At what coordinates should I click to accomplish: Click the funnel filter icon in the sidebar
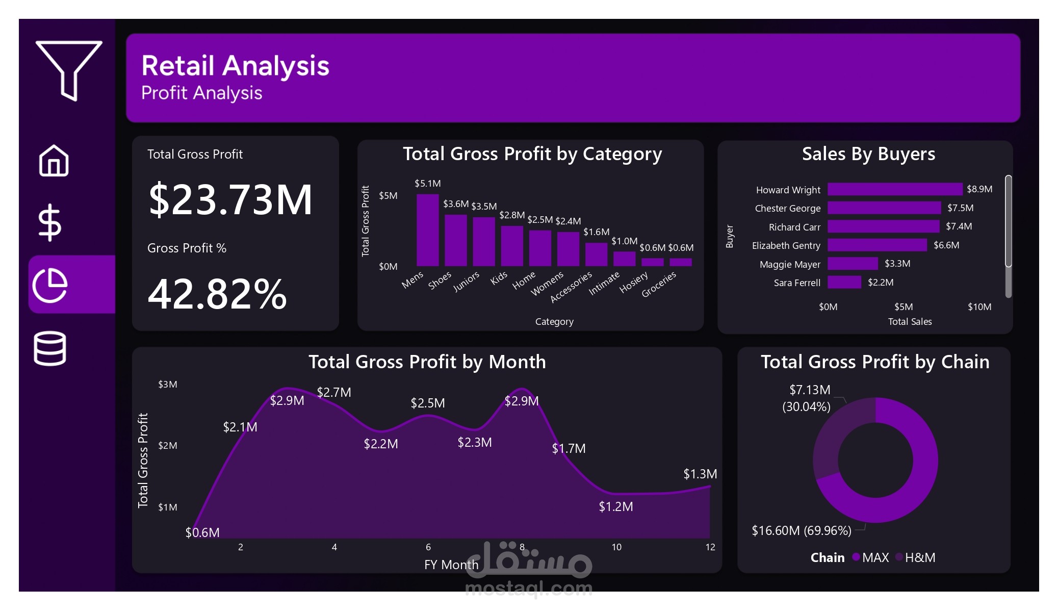click(x=68, y=69)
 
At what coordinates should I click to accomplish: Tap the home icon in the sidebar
click(x=54, y=161)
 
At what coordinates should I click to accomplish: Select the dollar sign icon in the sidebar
click(x=50, y=222)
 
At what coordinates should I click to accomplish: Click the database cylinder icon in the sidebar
click(x=50, y=349)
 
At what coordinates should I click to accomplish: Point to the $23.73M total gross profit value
click(x=230, y=199)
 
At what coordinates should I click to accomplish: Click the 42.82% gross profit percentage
click(x=217, y=294)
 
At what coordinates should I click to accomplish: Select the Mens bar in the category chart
click(x=427, y=230)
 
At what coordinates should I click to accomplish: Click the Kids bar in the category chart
click(x=511, y=246)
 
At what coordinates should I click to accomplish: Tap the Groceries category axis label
click(x=659, y=284)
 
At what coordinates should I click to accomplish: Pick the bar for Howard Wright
click(x=895, y=189)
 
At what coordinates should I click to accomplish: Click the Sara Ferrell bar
click(x=844, y=282)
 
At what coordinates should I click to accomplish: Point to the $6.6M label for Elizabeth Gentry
click(x=946, y=245)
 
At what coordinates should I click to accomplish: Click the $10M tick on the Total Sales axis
click(x=979, y=307)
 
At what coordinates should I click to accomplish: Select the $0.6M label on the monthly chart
click(x=202, y=532)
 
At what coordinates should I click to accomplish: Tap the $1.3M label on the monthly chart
click(x=700, y=474)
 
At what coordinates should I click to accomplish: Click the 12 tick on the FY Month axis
click(x=710, y=547)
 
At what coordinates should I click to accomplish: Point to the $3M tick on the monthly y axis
click(x=168, y=384)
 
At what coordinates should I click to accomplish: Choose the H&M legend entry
click(x=919, y=557)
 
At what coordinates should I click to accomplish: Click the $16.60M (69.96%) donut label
click(x=802, y=530)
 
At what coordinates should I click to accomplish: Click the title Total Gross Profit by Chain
click(x=875, y=362)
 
